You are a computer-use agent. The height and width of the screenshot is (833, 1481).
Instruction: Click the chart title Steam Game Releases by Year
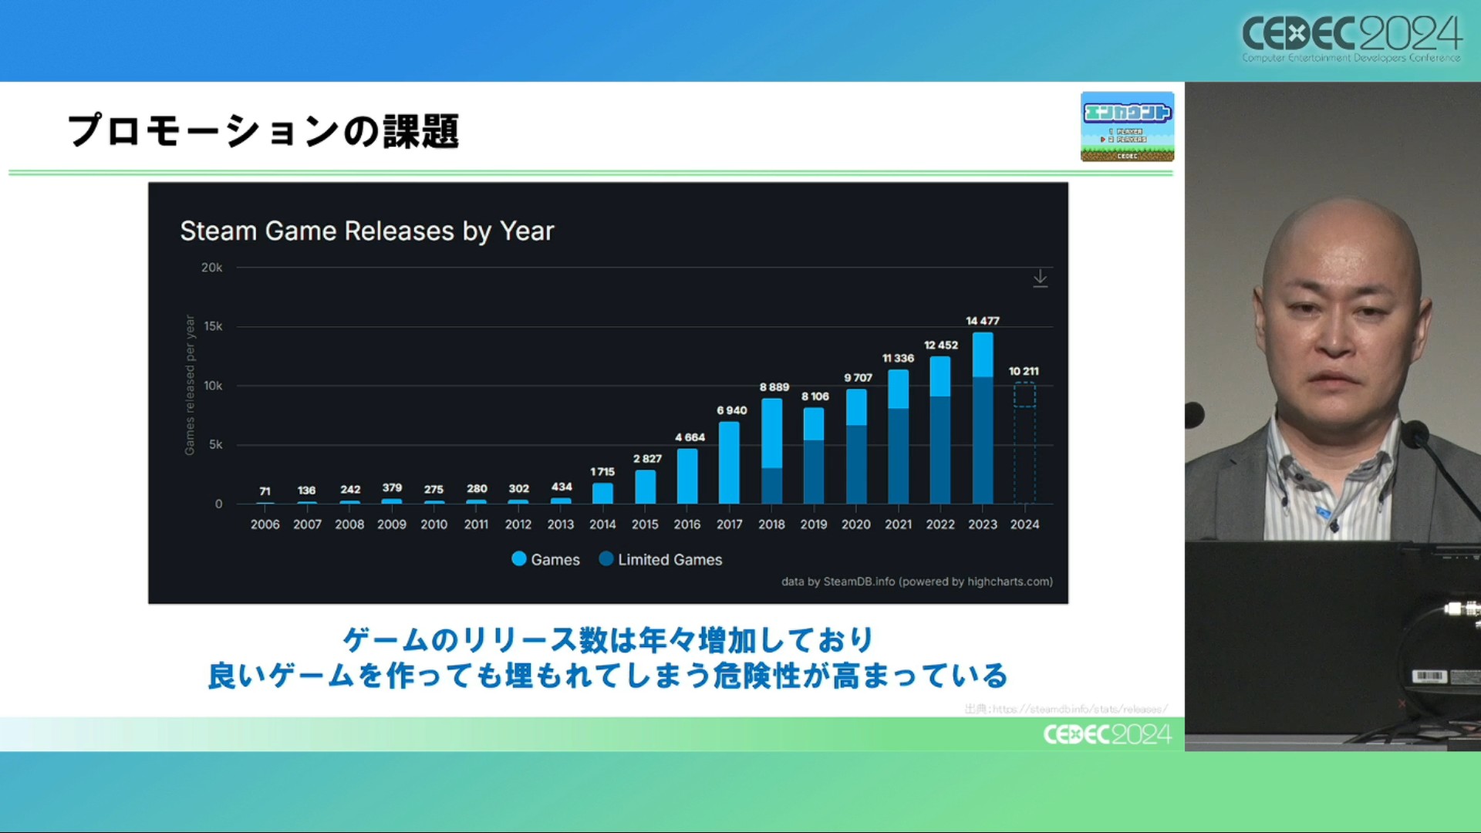[367, 231]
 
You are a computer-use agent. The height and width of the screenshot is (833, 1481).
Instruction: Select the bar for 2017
[729, 463]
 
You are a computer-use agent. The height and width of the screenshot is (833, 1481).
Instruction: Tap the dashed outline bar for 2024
[1024, 443]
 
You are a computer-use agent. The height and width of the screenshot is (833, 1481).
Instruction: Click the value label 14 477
[983, 321]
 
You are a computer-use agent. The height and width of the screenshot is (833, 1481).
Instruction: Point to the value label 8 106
[815, 396]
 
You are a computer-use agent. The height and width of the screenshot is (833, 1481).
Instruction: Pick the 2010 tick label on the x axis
[434, 524]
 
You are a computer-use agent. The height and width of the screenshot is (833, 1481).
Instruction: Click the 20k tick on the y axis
[211, 268]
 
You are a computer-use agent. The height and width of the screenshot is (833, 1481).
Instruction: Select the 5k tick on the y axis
[215, 444]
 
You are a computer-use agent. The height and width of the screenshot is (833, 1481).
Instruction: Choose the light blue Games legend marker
[519, 559]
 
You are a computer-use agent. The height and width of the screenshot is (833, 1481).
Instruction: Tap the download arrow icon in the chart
[1040, 278]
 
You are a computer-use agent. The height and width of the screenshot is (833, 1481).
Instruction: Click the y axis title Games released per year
[190, 385]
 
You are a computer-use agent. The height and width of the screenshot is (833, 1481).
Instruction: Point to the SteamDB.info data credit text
[916, 582]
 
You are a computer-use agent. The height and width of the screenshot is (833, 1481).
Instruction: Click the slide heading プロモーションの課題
[263, 130]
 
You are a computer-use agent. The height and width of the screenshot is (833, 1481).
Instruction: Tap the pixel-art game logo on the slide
[1127, 126]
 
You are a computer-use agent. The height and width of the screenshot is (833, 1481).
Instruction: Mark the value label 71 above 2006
[265, 491]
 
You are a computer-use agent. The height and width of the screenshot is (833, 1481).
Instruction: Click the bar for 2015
[645, 487]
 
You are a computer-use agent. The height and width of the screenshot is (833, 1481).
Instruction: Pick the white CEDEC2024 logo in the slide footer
[1107, 734]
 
